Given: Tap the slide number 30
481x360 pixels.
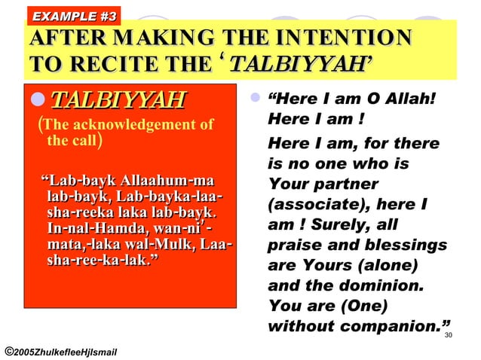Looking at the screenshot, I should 449,335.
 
